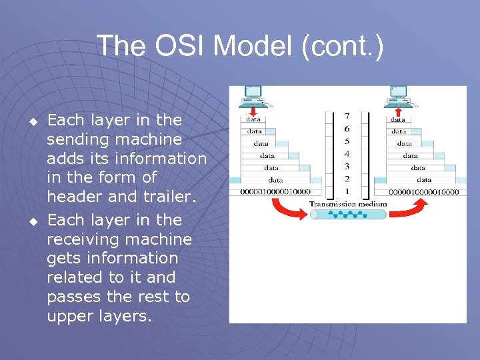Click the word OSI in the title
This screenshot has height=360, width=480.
[176, 47]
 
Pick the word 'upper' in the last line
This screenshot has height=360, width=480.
[68, 316]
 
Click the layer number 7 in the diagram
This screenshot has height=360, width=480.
[346, 117]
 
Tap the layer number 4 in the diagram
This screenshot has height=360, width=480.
[346, 154]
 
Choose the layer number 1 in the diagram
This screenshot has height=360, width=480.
[346, 191]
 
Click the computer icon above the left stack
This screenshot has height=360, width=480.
[253, 96]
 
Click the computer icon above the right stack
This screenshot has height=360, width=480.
[399, 96]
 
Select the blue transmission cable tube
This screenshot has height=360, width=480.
[348, 215]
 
